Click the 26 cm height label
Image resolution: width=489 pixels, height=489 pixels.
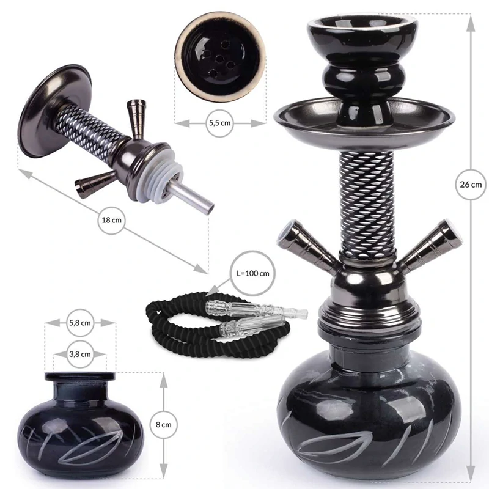[x=471, y=183]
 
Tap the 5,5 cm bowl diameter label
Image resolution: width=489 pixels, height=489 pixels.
[x=219, y=122]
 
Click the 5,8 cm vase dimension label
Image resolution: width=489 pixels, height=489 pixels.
[x=81, y=322]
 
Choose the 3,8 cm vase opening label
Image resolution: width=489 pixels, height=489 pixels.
[x=81, y=353]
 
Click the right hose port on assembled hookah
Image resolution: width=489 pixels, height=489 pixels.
[x=427, y=244]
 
